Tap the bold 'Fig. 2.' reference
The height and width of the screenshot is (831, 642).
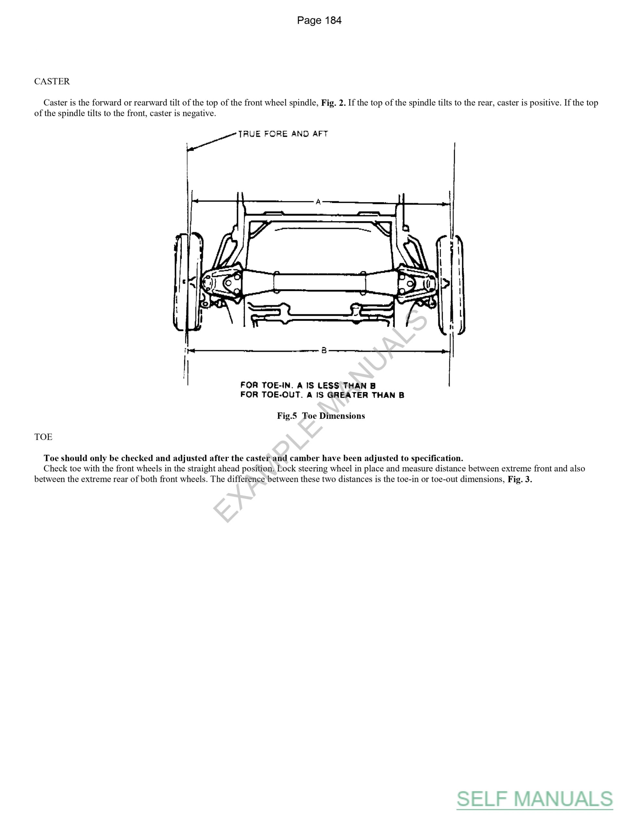point(333,103)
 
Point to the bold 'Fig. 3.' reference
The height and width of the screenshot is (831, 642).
point(519,479)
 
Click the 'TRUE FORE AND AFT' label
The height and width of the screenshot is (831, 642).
point(283,134)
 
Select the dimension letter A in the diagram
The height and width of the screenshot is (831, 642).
point(318,202)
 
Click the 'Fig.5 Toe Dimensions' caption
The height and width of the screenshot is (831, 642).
point(321,416)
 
